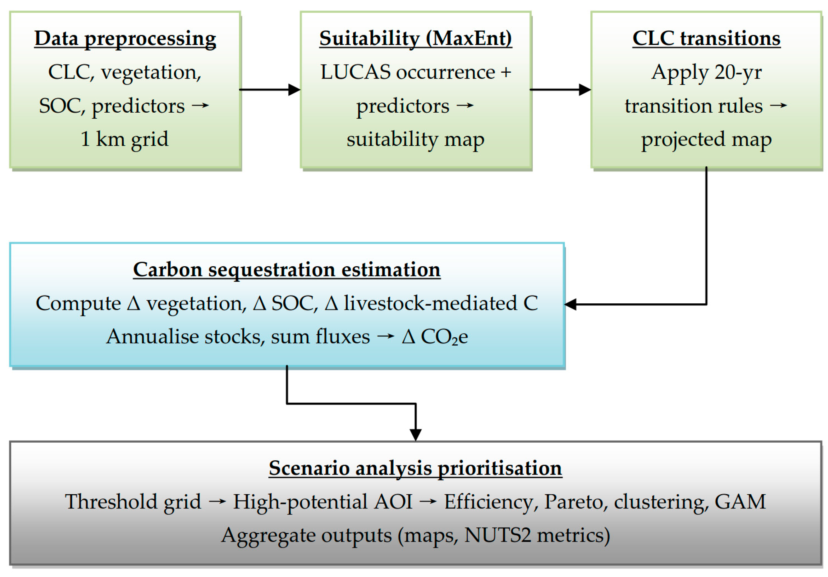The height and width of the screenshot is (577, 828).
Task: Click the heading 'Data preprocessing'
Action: pos(125,39)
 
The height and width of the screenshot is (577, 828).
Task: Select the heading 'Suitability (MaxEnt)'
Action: pos(416,39)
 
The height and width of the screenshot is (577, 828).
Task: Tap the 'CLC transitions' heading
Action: pos(706,39)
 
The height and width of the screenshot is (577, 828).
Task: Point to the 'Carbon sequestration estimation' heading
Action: pos(287,270)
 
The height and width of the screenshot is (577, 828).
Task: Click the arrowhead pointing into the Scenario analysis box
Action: pos(416,435)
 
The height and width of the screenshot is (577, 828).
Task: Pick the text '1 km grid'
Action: pos(124,139)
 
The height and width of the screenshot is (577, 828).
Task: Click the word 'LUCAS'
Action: pos(355,72)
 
